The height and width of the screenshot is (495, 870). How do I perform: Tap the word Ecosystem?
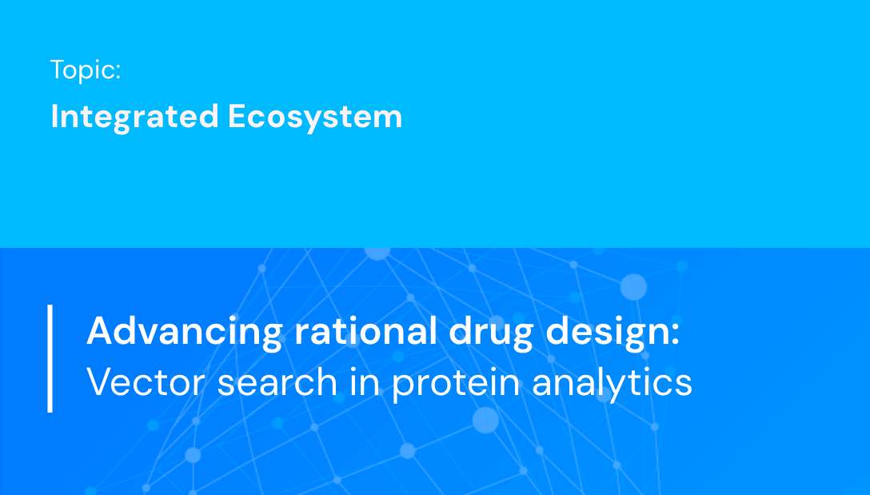[x=315, y=117]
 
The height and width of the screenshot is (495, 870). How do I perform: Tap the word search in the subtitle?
[x=277, y=382]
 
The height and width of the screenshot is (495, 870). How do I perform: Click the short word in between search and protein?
[x=364, y=381]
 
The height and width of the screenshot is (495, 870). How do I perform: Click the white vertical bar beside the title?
[x=50, y=357]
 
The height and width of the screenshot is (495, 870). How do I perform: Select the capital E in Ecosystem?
[x=237, y=117]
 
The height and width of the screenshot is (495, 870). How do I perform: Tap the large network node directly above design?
[x=633, y=286]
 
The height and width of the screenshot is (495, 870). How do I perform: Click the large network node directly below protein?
[x=485, y=420]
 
